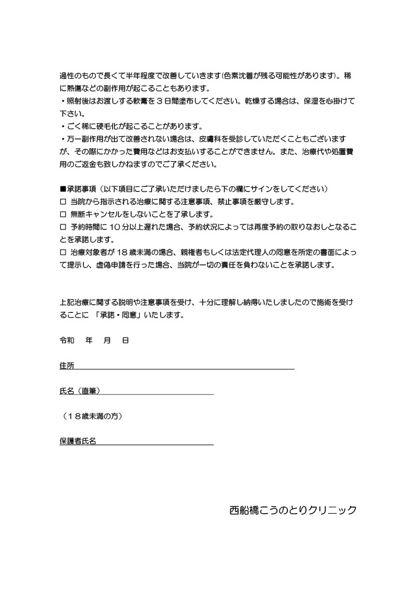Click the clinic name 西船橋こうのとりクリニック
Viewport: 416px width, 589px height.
pos(292,510)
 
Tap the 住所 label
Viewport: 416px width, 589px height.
pos(67,366)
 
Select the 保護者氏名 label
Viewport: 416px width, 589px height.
pos(78,441)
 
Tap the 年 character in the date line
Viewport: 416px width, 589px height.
pos(89,341)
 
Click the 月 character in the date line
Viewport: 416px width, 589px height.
pos(107,341)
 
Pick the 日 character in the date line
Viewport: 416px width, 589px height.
pos(125,341)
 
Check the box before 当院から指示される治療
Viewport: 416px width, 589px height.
pos(63,202)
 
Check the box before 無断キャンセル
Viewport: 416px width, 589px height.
pos(63,214)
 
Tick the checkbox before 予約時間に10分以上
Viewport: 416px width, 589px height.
pos(63,226)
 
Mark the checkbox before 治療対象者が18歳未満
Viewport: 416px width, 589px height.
pos(63,251)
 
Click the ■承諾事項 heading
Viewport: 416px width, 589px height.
pos(78,189)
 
